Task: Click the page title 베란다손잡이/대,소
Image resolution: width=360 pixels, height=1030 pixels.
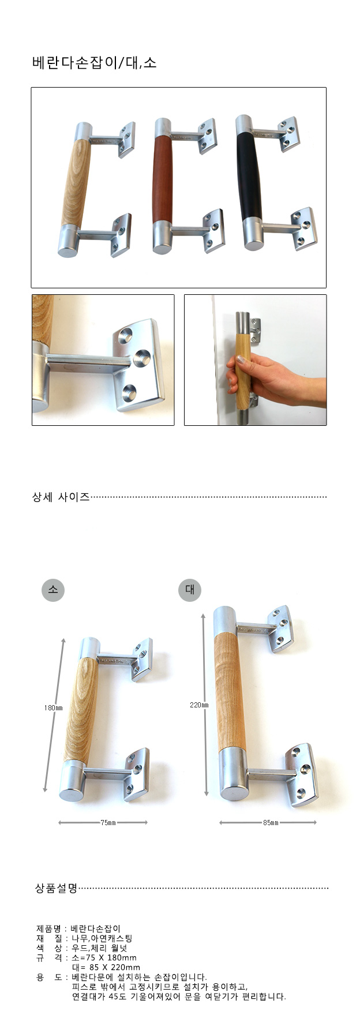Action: pyautogui.click(x=94, y=63)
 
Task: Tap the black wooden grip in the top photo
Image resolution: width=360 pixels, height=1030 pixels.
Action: pyautogui.click(x=249, y=176)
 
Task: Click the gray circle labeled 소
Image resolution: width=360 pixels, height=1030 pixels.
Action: pyautogui.click(x=53, y=590)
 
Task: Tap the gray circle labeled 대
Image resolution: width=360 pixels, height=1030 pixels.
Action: pyautogui.click(x=190, y=590)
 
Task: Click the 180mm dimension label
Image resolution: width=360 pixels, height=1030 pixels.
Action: pyautogui.click(x=53, y=707)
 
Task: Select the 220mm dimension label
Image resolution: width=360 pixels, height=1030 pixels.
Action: pyautogui.click(x=199, y=705)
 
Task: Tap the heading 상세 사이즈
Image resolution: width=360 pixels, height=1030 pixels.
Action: pyautogui.click(x=61, y=496)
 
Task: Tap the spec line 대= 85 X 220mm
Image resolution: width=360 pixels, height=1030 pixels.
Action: pyautogui.click(x=106, y=967)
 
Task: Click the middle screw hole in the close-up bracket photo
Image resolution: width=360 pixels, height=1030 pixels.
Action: pyautogui.click(x=140, y=359)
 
